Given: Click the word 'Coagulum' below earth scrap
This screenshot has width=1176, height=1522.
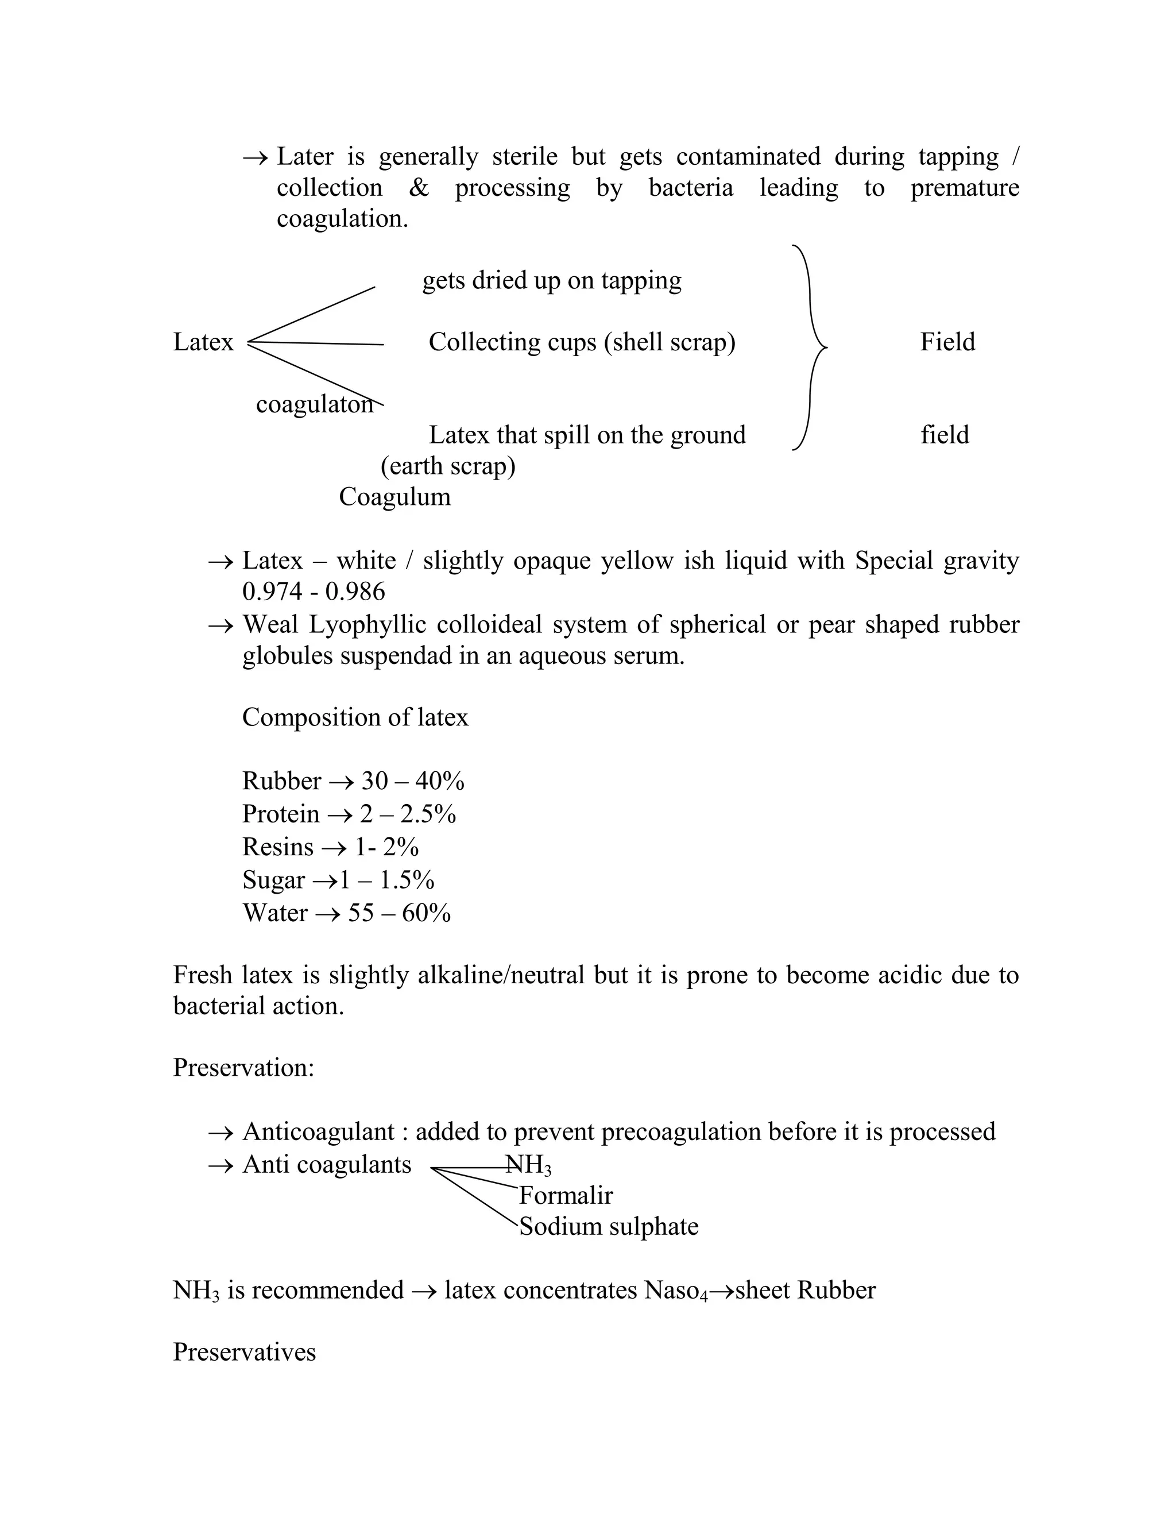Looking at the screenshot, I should click(394, 497).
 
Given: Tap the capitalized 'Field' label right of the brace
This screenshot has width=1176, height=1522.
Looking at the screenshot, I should click(947, 342).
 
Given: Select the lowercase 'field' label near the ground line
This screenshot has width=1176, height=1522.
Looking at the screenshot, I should click(944, 435).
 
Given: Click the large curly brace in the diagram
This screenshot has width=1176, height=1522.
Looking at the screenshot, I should click(810, 347).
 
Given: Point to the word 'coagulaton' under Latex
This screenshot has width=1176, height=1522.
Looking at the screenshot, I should click(314, 404).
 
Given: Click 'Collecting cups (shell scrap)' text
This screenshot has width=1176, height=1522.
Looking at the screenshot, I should click(582, 342).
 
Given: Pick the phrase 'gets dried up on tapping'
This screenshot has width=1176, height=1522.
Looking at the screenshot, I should click(552, 280).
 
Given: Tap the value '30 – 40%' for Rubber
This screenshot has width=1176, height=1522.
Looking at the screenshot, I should click(412, 781).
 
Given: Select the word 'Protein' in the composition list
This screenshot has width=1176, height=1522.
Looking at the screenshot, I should click(280, 814).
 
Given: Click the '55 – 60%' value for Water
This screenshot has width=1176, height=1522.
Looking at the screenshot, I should click(399, 913).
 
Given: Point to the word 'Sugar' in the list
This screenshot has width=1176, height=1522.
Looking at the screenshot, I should click(273, 880).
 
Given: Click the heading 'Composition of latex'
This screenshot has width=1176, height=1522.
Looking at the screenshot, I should click(355, 717).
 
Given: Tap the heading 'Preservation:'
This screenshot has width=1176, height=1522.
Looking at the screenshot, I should click(243, 1068).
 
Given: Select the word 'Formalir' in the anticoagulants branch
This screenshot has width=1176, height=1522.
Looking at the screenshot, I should click(566, 1196).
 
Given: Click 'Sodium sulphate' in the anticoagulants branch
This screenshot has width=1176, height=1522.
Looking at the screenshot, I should click(608, 1227).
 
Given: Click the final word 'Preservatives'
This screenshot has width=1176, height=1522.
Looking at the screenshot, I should click(244, 1352).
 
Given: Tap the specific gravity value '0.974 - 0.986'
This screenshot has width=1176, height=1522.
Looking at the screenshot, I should click(314, 592).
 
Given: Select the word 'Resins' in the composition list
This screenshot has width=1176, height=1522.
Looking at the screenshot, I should click(277, 847).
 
